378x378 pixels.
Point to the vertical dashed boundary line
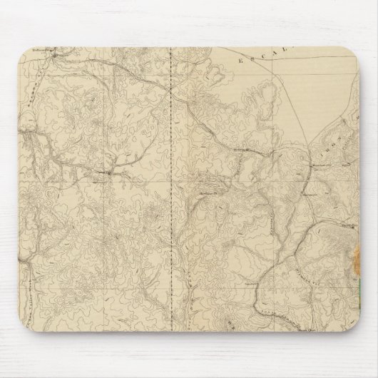(x=175, y=178)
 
